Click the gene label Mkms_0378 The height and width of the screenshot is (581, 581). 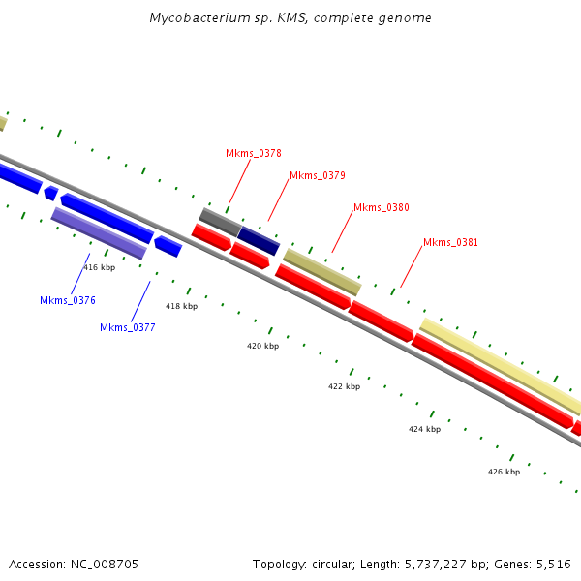click(x=253, y=153)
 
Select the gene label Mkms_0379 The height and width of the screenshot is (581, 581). click(x=317, y=175)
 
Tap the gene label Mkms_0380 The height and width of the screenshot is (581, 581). click(x=381, y=207)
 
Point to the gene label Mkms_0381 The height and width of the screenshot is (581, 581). click(x=450, y=242)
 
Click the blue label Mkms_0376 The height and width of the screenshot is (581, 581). click(x=67, y=300)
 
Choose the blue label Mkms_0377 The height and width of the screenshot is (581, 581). click(x=127, y=327)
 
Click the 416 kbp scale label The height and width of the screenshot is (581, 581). click(x=99, y=267)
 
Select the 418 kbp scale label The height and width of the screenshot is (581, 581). click(x=181, y=306)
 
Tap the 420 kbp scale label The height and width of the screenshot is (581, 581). click(x=262, y=346)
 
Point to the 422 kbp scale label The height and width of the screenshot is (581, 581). click(x=344, y=386)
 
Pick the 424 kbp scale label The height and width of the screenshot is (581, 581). click(x=424, y=429)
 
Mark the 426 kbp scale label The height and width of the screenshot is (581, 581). click(x=504, y=472)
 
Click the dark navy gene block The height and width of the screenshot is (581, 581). click(x=259, y=240)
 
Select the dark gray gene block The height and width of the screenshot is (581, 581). click(x=220, y=221)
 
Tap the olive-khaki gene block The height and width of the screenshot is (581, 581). click(x=321, y=271)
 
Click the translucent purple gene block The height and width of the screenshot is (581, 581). click(x=99, y=233)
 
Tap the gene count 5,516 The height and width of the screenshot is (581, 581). click(x=554, y=564)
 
